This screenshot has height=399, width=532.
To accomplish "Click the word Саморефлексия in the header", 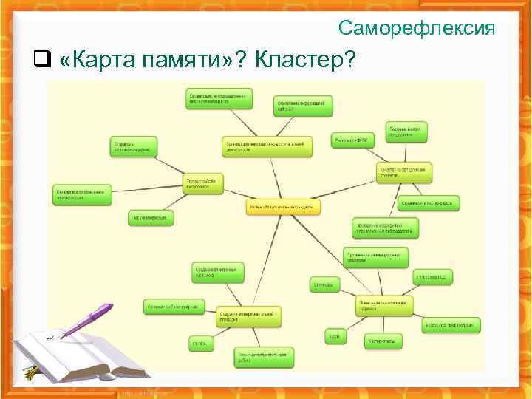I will (417, 28).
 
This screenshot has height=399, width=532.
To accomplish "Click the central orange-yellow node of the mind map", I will (283, 207).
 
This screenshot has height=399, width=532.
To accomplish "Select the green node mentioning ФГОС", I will (353, 139).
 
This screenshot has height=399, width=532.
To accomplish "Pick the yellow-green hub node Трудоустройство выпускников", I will (203, 183).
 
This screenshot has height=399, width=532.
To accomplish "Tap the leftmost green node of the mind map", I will (83, 193).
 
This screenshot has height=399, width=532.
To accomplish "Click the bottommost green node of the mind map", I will (264, 358).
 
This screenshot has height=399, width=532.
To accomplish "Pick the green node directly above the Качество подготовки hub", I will (406, 131).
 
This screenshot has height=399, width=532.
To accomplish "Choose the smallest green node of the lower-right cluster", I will (334, 337).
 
